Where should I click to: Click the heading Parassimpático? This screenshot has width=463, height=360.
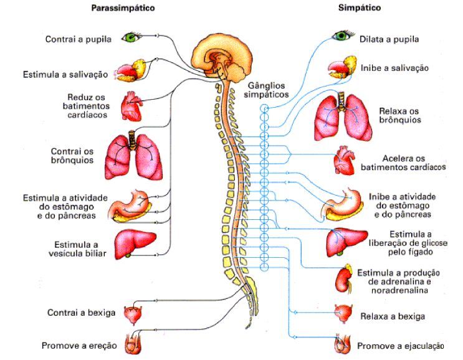(123, 8)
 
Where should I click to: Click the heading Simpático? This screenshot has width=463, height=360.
(360, 7)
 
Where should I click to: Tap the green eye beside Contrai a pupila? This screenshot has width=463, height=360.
(131, 37)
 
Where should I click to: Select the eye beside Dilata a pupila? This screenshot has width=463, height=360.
(343, 36)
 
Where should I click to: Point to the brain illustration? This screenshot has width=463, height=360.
(222, 59)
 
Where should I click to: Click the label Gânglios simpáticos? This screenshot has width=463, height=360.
(266, 90)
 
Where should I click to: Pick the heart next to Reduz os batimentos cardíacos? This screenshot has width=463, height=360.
(131, 107)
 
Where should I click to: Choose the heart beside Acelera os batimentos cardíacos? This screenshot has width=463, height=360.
(344, 160)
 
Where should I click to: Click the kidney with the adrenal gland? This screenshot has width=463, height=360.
(344, 279)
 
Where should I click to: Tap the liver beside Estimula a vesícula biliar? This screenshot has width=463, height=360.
(135, 244)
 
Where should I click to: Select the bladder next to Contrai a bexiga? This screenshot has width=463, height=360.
(133, 315)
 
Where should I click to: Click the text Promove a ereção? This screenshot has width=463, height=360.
(79, 346)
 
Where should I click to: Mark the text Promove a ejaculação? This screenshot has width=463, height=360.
(401, 346)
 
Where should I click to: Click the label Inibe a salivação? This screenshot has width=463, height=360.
(394, 68)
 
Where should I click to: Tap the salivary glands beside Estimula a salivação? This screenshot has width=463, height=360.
(130, 71)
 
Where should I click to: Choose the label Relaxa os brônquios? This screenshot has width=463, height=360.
(400, 115)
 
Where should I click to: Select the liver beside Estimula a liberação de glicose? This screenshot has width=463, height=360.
(346, 242)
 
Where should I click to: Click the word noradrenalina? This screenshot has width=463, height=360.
(399, 290)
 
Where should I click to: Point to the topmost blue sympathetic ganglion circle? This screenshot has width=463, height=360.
(265, 108)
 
